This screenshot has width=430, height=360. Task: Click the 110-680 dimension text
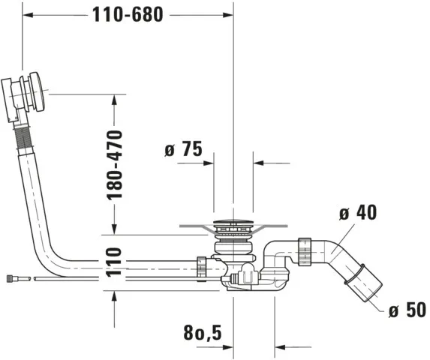tap(128, 16)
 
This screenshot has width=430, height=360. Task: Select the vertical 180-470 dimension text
tap(114, 164)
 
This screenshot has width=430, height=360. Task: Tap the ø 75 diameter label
tap(182, 150)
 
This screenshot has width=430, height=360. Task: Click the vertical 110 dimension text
tap(113, 262)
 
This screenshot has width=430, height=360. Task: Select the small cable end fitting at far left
tap(14, 277)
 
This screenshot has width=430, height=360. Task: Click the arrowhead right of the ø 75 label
tap(260, 161)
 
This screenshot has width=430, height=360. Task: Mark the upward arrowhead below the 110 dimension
tap(114, 295)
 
